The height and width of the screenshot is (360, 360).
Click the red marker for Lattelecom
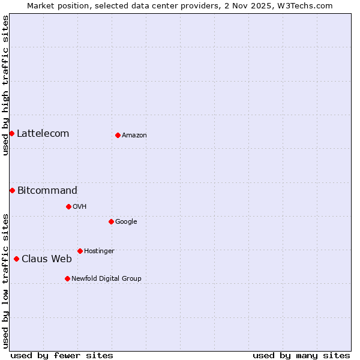(x=11, y=133)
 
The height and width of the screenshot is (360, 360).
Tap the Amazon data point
(x=118, y=135)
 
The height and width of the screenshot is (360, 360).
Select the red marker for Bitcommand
(x=12, y=190)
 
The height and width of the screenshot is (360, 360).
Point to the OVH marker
(x=68, y=206)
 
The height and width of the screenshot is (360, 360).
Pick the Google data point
(x=111, y=221)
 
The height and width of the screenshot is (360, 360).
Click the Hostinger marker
(x=80, y=251)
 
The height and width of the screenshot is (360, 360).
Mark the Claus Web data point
(x=16, y=259)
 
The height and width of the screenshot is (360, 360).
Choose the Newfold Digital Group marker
(x=67, y=278)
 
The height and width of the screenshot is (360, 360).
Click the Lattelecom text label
(x=43, y=133)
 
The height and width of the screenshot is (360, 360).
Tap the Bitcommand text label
(x=47, y=190)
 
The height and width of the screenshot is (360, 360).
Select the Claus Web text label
(x=46, y=259)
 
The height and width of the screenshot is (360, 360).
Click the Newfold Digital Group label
(x=106, y=278)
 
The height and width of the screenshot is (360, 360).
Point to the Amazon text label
(x=134, y=135)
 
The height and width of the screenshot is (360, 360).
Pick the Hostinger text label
(x=99, y=251)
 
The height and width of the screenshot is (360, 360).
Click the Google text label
(x=126, y=221)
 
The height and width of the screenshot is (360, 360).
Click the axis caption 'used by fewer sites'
(x=62, y=355)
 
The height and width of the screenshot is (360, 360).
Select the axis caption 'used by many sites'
(x=301, y=355)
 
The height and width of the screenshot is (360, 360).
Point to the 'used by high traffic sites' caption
(x=5, y=85)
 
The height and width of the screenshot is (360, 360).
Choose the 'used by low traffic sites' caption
(x=5, y=281)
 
